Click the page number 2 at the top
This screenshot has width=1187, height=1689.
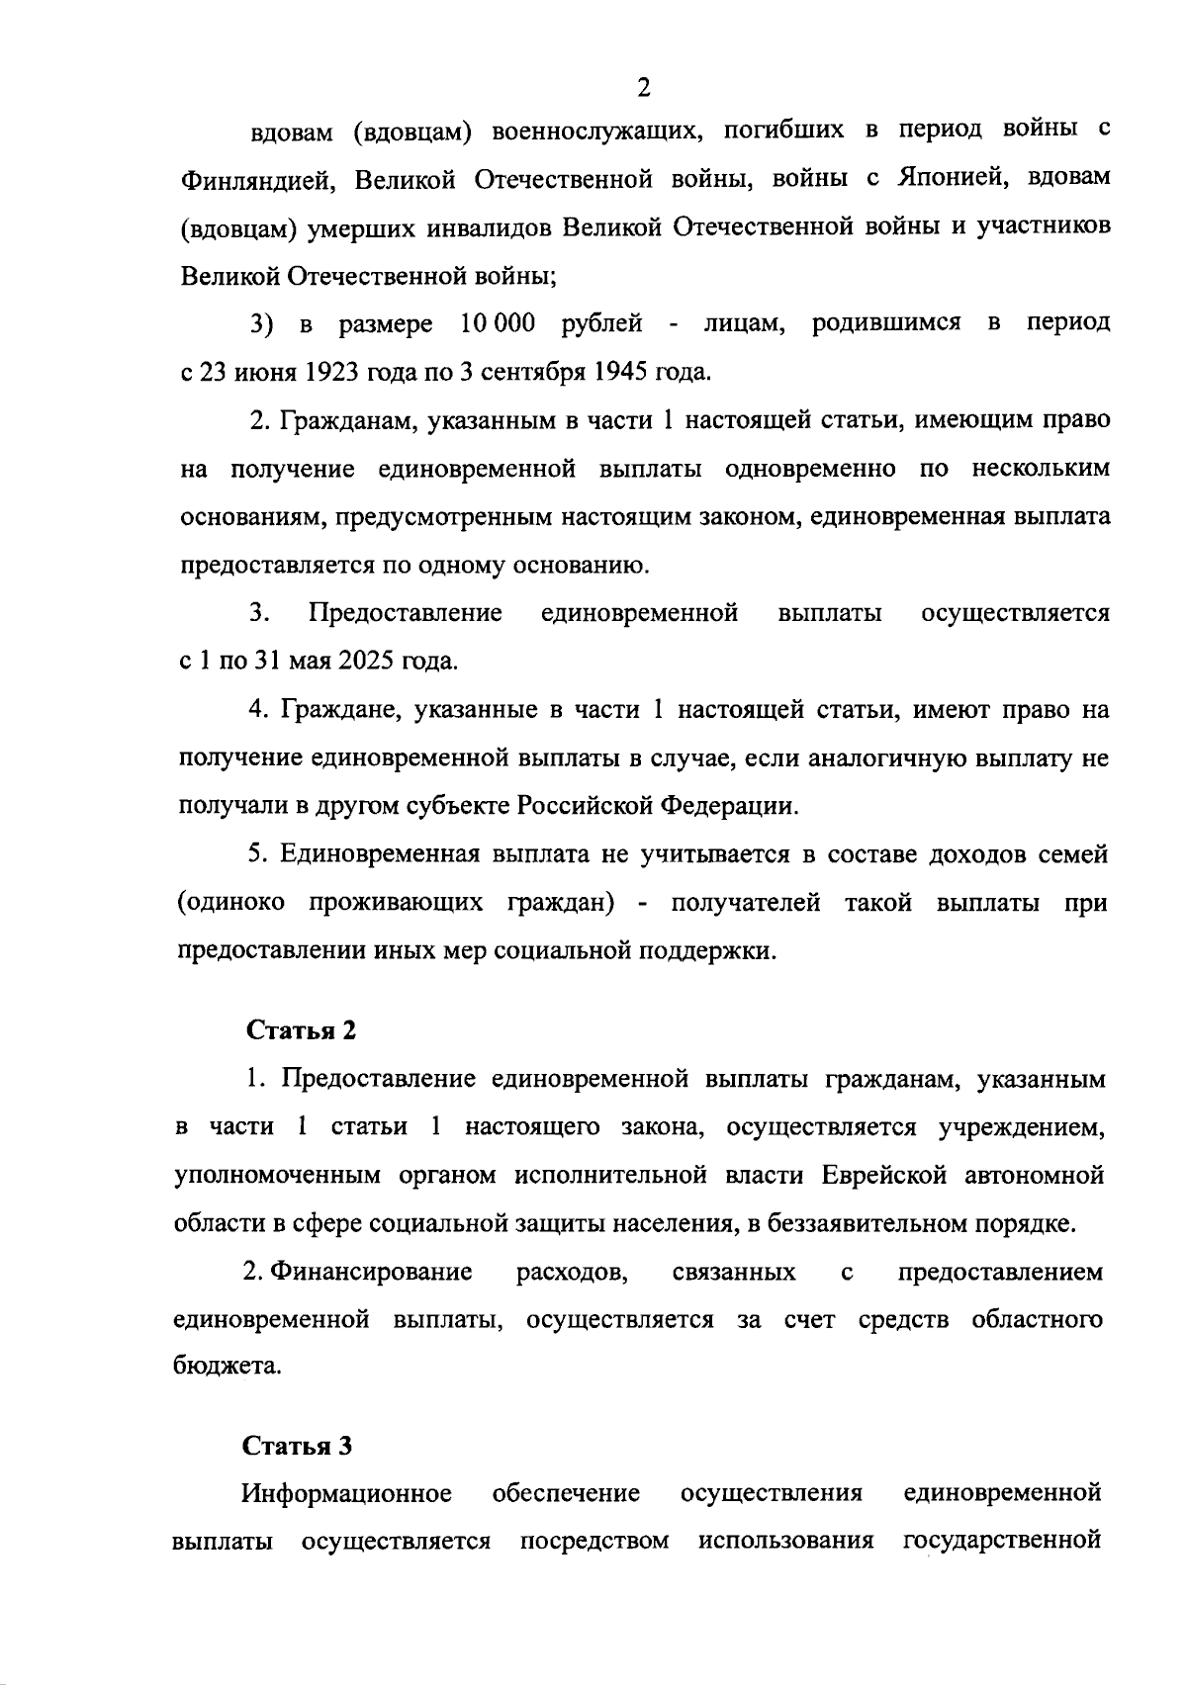coord(644,88)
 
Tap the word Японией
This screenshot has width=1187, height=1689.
coord(950,178)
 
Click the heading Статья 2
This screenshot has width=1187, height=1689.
coord(301,1029)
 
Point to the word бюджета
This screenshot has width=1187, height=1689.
coord(227,1367)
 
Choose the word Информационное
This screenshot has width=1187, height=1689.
coord(347,1493)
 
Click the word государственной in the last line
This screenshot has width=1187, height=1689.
coord(1003,1541)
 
